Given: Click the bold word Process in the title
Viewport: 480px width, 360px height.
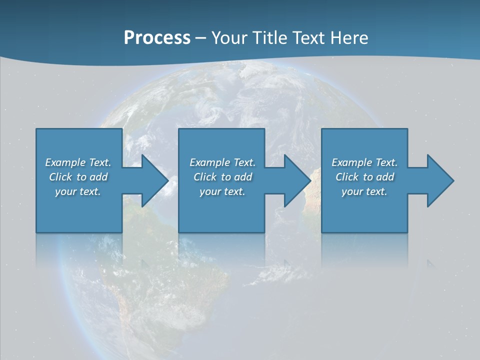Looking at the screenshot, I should [157, 38].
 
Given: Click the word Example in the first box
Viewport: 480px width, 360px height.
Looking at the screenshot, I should [65, 162].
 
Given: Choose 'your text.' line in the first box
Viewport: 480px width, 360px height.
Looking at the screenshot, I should [78, 191].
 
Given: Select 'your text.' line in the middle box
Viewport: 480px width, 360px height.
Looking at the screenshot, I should [222, 191].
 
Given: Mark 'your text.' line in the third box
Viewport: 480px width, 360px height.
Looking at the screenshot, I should [364, 191].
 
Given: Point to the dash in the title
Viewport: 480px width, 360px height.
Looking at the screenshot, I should [200, 38].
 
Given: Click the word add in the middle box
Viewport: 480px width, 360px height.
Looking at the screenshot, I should [243, 177].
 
